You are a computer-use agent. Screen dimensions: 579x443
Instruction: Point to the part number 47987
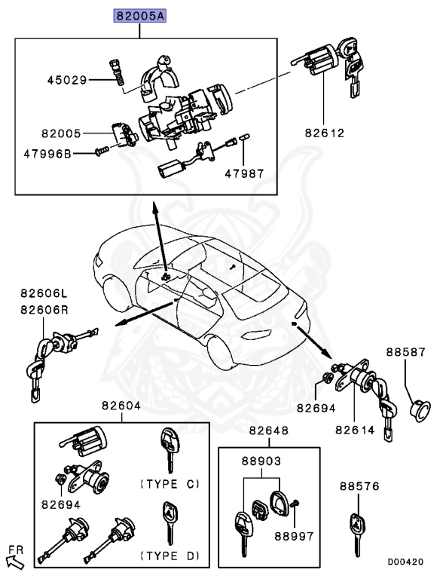[x=244, y=173]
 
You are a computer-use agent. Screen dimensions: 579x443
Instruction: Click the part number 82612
[x=325, y=133]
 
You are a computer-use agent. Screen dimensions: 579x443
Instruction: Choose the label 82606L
[x=43, y=293]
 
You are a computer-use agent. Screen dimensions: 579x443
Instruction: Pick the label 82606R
[x=43, y=308]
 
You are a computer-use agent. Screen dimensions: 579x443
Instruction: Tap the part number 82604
[x=122, y=406]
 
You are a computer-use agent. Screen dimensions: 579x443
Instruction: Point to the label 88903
[x=262, y=459]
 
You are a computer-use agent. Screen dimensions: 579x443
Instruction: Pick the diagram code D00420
[x=405, y=562]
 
